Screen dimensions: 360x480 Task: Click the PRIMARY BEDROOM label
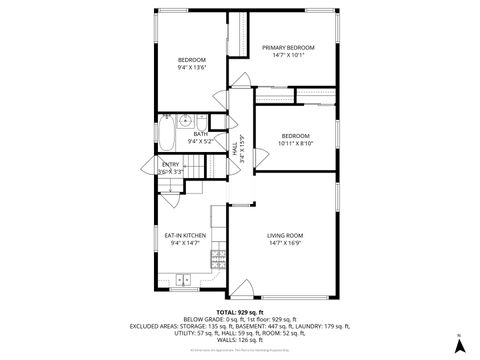288,48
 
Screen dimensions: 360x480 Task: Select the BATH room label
200,133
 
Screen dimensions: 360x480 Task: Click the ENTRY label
170,164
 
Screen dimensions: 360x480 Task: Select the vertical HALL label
235,151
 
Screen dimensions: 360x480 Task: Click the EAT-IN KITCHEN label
186,236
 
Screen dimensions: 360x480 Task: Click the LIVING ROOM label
285,236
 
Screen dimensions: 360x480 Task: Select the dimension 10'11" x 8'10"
295,143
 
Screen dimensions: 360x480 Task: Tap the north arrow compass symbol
459,345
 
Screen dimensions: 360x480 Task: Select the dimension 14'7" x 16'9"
285,243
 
